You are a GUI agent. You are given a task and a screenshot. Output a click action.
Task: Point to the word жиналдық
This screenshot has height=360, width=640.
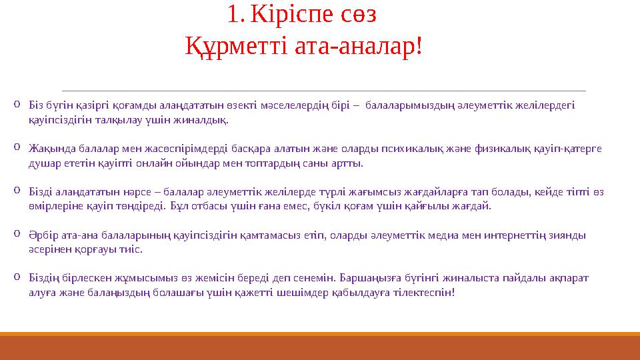[209, 120]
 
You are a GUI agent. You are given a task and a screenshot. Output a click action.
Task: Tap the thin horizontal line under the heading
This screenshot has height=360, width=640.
[323, 90]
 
